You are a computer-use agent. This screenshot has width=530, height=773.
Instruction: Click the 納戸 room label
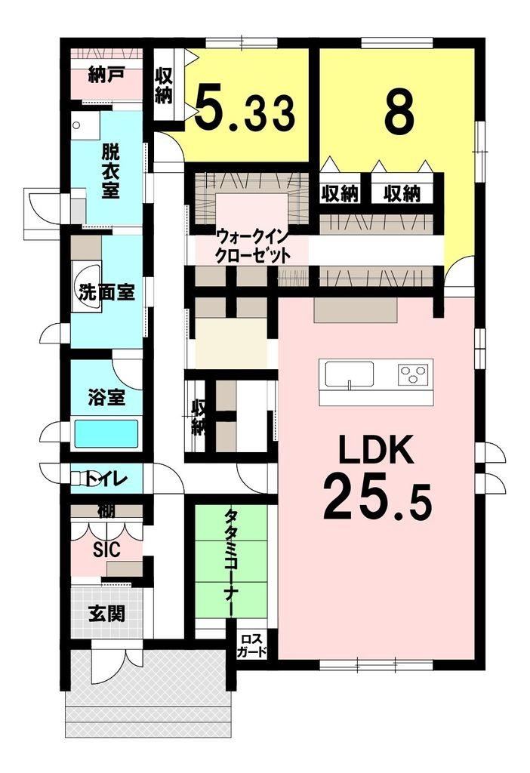(x=106, y=75)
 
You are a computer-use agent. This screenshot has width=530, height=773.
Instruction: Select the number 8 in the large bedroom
(x=399, y=112)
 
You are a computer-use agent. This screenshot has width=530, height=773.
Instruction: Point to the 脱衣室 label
(x=110, y=171)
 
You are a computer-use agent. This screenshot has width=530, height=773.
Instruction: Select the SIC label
(x=107, y=550)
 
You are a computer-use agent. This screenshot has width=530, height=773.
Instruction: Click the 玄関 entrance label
(x=106, y=614)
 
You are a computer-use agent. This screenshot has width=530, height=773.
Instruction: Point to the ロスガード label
(x=251, y=645)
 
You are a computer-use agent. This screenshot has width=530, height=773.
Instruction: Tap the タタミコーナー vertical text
(x=230, y=562)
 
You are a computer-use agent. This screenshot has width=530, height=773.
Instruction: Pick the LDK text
(x=377, y=450)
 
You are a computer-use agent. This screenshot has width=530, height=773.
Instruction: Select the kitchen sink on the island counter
(x=349, y=374)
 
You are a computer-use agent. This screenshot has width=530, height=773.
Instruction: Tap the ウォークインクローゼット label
(x=251, y=246)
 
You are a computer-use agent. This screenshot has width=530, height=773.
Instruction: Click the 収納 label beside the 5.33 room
(x=164, y=86)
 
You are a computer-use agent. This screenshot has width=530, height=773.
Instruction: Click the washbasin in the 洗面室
(x=88, y=287)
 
